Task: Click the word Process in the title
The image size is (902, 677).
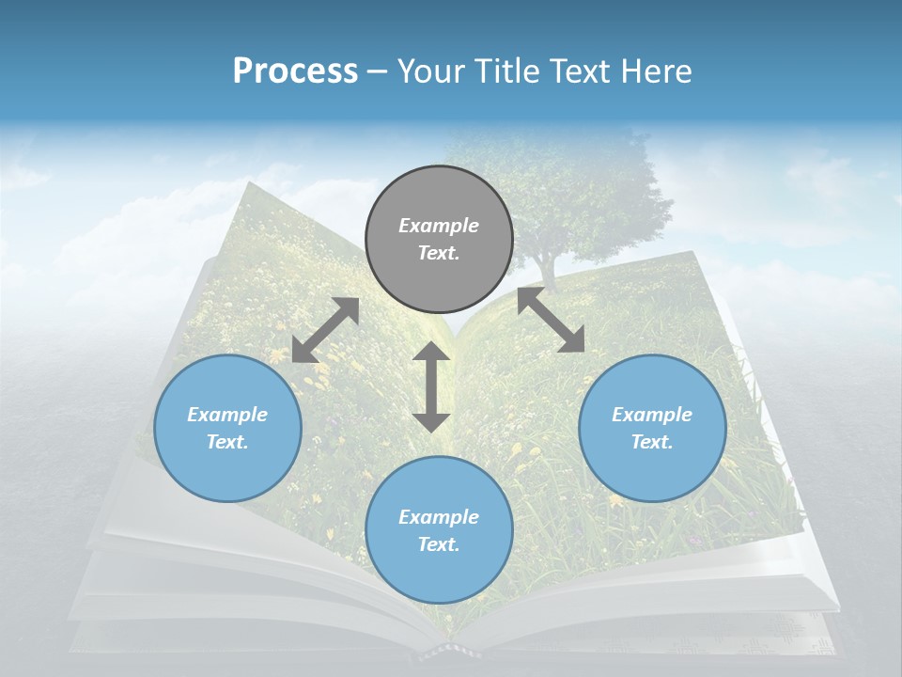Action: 295,71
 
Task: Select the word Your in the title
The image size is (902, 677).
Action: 432,71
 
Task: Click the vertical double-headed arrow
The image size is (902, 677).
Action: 431,386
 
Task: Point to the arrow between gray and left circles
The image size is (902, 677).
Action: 325,330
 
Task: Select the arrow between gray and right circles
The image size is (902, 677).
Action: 551,320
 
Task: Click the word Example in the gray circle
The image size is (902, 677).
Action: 439,226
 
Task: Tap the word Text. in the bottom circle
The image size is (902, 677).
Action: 439,544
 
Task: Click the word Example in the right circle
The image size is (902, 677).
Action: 652,415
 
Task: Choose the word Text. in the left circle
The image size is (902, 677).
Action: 227,442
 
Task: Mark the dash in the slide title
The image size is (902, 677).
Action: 377,71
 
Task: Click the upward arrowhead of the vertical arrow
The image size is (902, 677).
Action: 431,351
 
